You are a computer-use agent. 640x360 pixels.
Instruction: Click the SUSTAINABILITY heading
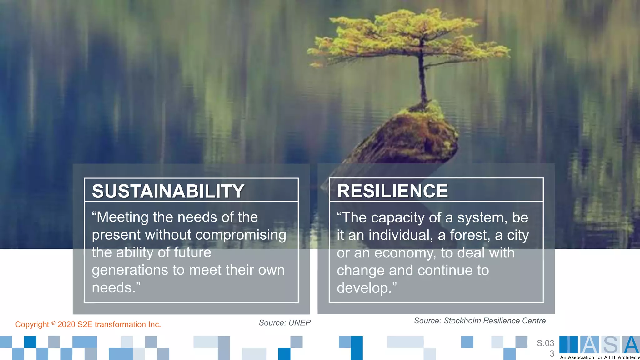168,191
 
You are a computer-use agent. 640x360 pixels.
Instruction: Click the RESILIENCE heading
392,191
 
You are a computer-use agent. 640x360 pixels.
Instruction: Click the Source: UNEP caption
285,323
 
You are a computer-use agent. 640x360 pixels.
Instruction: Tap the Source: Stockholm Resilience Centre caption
480,321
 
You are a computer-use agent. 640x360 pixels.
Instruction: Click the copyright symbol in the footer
53,323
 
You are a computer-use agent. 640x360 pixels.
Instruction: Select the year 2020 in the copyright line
66,324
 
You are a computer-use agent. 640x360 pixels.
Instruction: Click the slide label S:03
545,343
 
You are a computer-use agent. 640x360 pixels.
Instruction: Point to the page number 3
552,354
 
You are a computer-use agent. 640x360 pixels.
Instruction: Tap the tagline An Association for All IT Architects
600,357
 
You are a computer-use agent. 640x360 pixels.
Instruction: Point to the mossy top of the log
422,112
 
